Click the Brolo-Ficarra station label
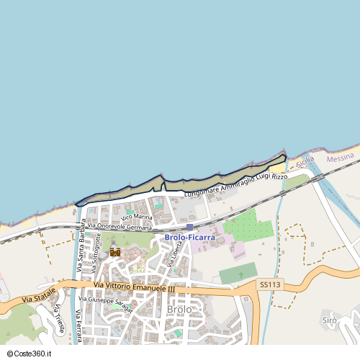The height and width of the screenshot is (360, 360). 189,237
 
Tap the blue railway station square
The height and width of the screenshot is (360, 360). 189,227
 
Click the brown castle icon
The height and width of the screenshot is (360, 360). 115,251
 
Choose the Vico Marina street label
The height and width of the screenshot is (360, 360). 137,216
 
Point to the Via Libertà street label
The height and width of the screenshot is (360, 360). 174,254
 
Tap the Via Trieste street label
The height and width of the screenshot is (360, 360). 58,318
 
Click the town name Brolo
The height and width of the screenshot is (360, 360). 179,310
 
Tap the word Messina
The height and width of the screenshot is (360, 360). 341,157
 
